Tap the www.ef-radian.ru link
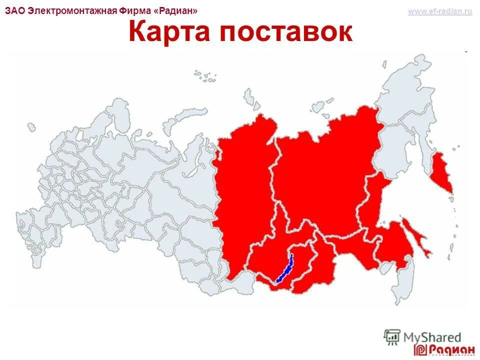pos(439,11)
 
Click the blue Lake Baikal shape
pos(284,269)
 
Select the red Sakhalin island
pos(420,240)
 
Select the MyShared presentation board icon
pos(392,336)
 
